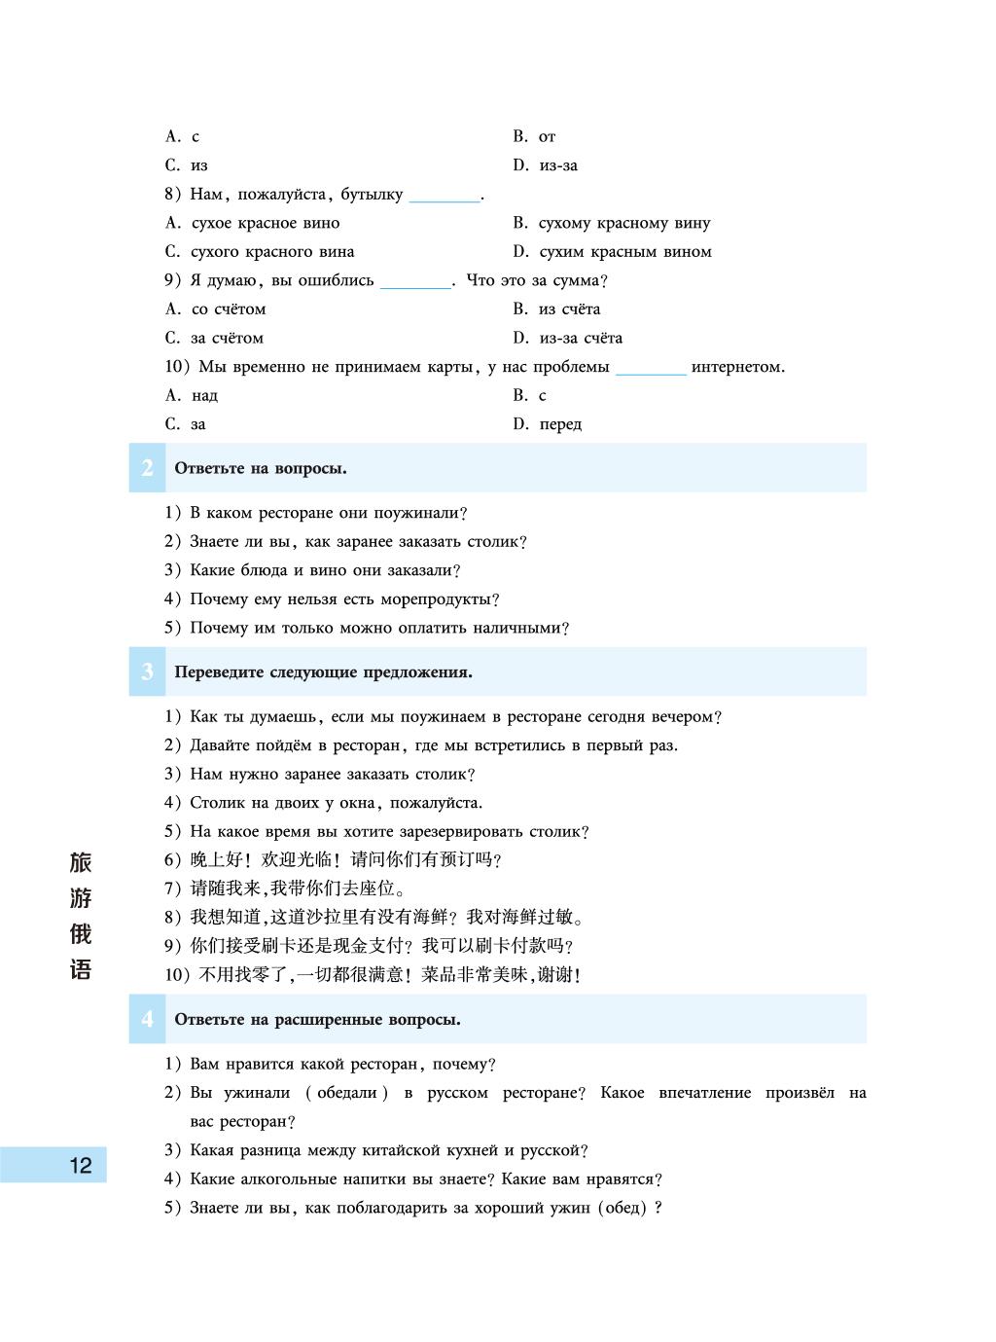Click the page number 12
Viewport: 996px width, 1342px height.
(81, 1165)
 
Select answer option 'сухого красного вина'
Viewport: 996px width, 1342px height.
(272, 252)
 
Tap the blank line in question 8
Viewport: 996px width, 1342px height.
(445, 197)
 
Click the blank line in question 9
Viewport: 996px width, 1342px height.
(415, 283)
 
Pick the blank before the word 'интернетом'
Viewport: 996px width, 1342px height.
(651, 370)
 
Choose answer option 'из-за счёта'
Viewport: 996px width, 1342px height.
(581, 339)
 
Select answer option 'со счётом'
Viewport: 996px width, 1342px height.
(229, 309)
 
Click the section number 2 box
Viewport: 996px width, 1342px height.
(147, 468)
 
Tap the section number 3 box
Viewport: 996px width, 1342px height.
(147, 672)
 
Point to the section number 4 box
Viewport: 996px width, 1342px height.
(147, 1020)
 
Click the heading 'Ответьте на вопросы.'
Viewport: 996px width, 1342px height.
(261, 469)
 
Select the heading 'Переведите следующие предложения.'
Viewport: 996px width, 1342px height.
(323, 672)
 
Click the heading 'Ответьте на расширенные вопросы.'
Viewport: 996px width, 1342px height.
(317, 1020)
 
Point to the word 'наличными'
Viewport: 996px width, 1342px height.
(517, 629)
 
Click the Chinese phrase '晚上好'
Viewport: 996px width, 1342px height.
(211, 860)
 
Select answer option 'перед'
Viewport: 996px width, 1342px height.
(560, 425)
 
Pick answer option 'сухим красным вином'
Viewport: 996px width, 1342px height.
(625, 252)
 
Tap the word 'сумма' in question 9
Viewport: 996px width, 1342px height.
(576, 281)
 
